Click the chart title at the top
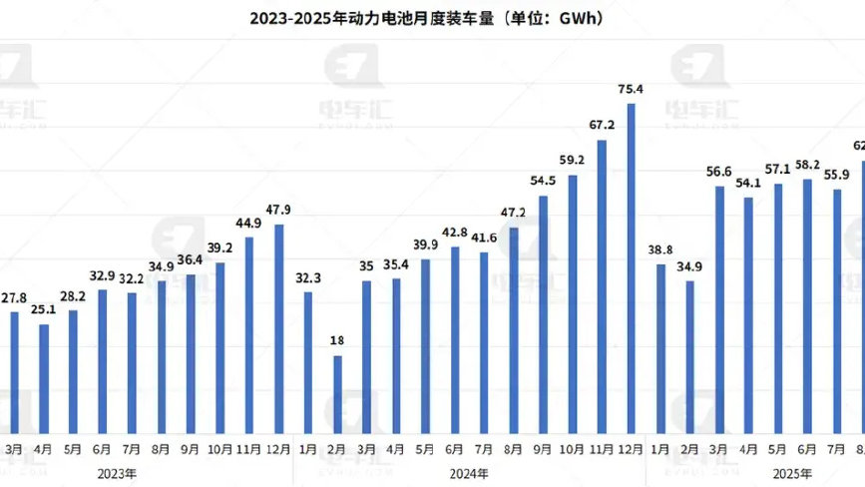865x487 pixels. click(432, 18)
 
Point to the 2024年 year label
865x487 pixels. click(469, 472)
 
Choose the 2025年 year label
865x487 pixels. click(793, 472)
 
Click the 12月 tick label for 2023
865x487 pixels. click(278, 448)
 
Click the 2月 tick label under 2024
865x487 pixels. click(337, 448)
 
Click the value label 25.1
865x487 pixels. click(44, 308)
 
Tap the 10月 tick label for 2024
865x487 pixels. click(573, 448)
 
